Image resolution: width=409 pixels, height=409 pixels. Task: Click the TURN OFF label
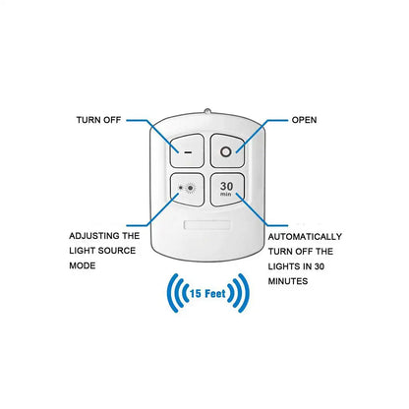(x=98, y=120)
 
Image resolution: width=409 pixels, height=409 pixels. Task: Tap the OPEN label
(x=304, y=120)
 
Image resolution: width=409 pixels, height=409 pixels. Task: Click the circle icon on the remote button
(x=226, y=151)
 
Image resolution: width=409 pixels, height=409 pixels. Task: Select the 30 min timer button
(x=227, y=190)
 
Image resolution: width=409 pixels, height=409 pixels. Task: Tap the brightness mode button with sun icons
(x=187, y=190)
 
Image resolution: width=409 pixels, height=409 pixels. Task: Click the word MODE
(x=83, y=265)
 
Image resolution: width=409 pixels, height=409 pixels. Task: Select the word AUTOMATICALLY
(x=305, y=237)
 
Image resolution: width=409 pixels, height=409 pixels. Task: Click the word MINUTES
(x=288, y=281)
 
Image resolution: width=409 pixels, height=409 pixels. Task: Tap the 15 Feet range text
(x=207, y=293)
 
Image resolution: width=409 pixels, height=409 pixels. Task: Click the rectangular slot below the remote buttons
(x=207, y=225)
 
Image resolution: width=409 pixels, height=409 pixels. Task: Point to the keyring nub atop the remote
(x=207, y=111)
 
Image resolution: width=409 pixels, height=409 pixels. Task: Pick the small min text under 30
(x=226, y=195)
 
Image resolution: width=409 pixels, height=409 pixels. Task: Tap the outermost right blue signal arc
(x=245, y=293)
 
